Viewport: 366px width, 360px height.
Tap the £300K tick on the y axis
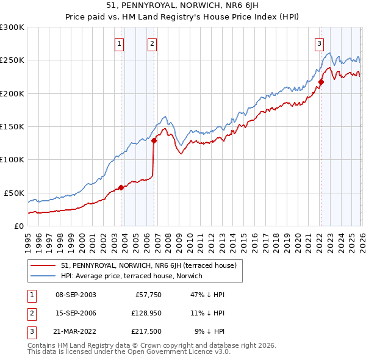12,27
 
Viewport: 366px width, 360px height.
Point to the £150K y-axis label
12,127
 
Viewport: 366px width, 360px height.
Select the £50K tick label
14,193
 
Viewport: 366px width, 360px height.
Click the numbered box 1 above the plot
119,43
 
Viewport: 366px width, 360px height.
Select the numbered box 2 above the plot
152,43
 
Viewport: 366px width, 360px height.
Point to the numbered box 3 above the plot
319,43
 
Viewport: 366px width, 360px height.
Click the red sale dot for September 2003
121,187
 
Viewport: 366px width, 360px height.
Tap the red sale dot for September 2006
154,140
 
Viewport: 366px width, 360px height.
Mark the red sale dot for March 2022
321,82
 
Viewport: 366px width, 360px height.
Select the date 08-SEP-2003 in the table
76,295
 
